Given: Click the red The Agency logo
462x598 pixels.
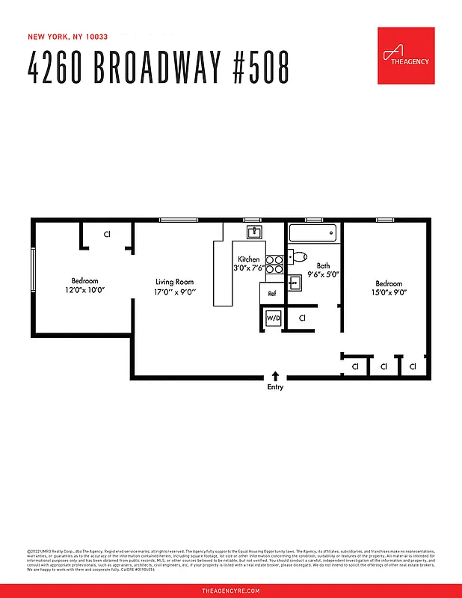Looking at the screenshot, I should point(406,55).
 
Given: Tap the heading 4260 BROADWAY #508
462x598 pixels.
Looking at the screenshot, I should point(158,69).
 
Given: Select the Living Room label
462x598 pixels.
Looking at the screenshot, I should point(174,282).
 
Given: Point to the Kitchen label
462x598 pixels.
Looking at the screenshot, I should point(249,259).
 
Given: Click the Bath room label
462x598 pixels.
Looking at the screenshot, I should point(323,265).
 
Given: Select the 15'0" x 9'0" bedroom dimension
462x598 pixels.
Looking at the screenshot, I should point(389,293).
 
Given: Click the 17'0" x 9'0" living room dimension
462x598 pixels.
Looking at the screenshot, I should point(175,292).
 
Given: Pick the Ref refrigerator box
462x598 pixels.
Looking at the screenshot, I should point(272,293).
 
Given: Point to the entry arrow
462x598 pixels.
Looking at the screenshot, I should point(275,376).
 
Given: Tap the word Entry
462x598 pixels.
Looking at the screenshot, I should point(275,387).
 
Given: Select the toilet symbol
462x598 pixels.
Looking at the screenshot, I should point(298,257).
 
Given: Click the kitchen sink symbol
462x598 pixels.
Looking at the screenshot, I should point(255,231).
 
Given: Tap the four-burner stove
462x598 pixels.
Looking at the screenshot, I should point(274,264).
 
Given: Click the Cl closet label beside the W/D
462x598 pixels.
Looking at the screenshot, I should point(302,318).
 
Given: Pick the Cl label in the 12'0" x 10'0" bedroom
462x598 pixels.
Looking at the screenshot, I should point(107,234).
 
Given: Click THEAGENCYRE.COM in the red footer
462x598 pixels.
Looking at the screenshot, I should point(231,591).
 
